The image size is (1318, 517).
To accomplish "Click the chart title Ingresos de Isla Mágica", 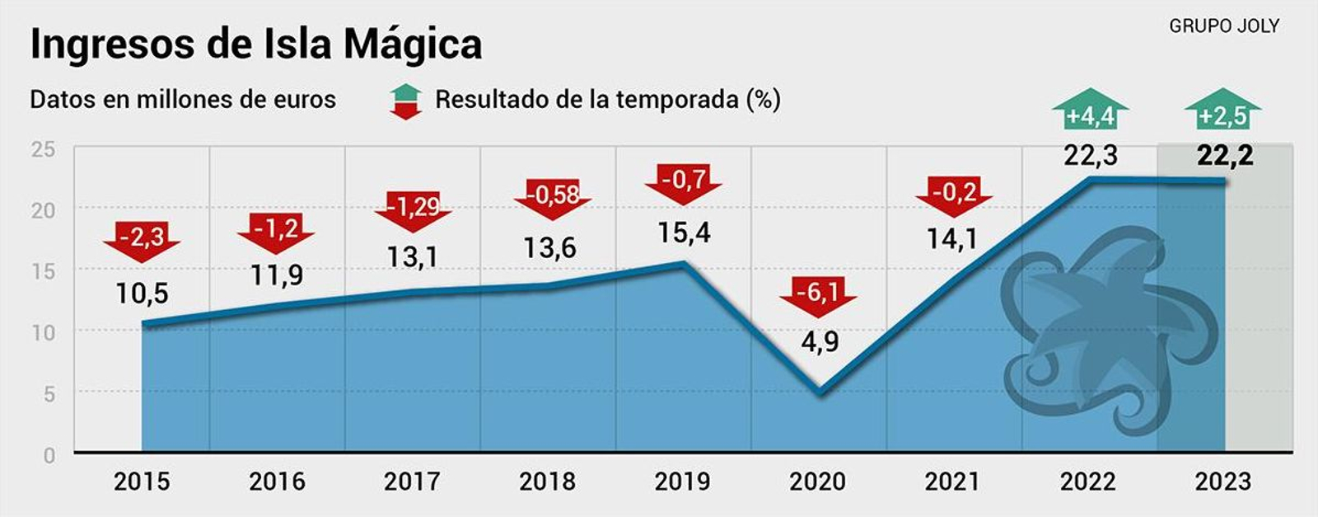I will [255, 43].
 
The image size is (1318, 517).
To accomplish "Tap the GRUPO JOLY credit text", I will [1223, 26].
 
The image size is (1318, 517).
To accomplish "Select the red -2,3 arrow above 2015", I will [142, 240].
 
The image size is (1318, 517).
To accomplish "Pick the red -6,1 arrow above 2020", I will [818, 295].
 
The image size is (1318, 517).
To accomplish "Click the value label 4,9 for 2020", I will [820, 341].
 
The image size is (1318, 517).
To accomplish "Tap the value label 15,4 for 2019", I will [684, 233].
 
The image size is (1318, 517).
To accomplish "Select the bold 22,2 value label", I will [1225, 155].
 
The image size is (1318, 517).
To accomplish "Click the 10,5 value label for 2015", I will [142, 293].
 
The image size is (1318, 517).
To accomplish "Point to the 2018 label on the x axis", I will [547, 482].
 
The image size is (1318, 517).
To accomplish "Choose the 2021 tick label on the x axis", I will [952, 482].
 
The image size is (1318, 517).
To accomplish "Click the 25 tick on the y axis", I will [43, 150].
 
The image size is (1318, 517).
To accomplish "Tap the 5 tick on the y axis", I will [49, 394].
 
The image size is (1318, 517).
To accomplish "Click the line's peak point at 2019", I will [684, 264].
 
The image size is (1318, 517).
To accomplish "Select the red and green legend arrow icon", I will [405, 101].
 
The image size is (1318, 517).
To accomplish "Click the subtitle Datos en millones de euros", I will [183, 100].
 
